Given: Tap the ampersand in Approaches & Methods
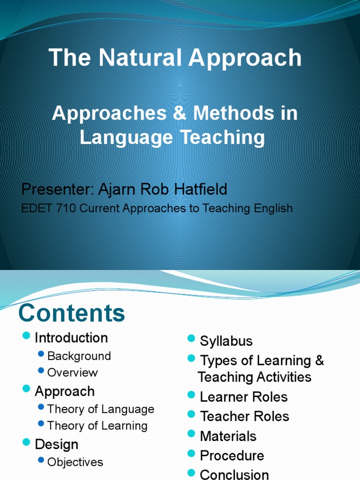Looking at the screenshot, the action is click(180, 113).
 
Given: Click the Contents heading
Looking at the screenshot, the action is click(72, 313).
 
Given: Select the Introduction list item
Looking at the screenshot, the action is click(71, 338).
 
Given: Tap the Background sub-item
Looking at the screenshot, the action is click(79, 356).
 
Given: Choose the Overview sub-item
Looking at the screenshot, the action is click(73, 373).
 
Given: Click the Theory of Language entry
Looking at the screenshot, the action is click(101, 409).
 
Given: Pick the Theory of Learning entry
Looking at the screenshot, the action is click(97, 426).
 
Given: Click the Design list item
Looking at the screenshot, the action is click(56, 444).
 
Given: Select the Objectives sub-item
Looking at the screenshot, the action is click(75, 462).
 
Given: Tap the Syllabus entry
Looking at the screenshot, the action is click(226, 341).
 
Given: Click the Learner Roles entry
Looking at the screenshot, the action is click(244, 397).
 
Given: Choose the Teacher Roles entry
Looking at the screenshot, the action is click(245, 416).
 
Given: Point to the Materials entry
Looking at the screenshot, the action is click(228, 436).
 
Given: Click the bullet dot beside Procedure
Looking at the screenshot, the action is click(191, 453).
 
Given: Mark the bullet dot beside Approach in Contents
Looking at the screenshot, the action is click(26, 389).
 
